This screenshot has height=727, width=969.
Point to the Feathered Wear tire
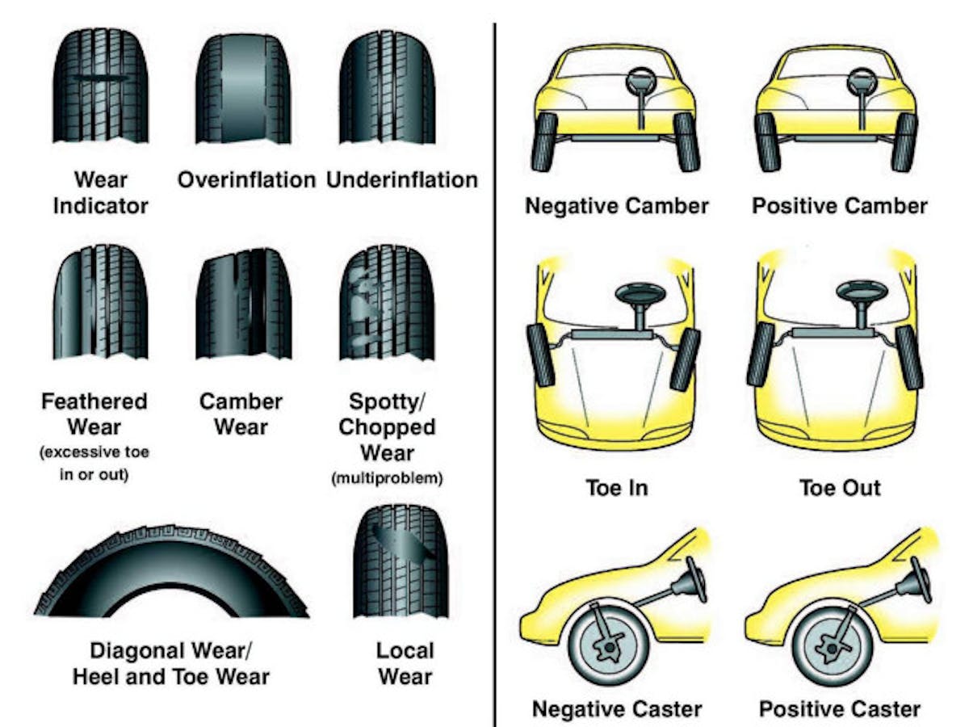[x=100, y=305]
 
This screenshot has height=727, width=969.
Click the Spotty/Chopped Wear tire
[x=387, y=305]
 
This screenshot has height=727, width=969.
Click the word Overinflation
[x=246, y=179]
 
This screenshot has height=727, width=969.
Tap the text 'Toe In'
[x=616, y=488]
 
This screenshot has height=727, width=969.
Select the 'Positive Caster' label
[x=839, y=709]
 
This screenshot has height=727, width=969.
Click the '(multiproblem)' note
[x=387, y=479]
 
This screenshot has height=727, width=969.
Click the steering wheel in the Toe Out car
[x=862, y=293]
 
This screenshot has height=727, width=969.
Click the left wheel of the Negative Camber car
[x=547, y=141]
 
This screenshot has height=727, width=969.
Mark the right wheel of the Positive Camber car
[x=904, y=141]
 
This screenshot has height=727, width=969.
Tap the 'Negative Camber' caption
[x=616, y=206]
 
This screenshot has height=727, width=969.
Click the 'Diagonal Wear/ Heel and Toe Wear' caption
[x=170, y=663]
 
